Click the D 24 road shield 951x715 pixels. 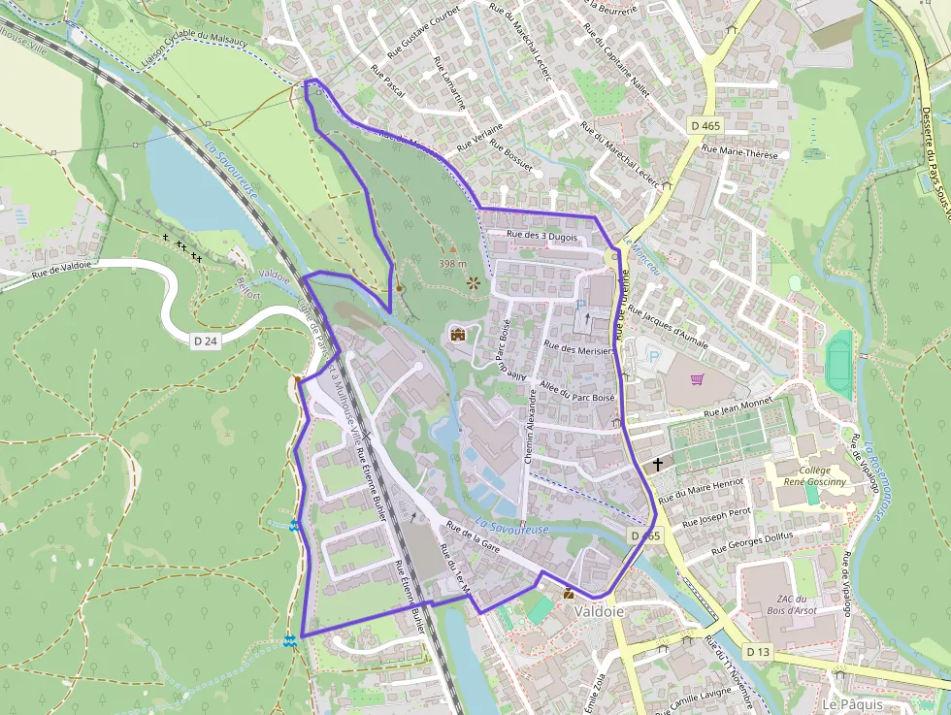[204, 341]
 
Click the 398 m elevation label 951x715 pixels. [452, 263]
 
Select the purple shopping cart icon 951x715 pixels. [696, 379]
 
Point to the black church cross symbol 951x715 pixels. [658, 465]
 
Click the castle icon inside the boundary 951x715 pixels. [458, 335]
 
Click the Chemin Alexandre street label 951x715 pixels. [531, 426]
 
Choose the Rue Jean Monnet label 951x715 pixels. [736, 408]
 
